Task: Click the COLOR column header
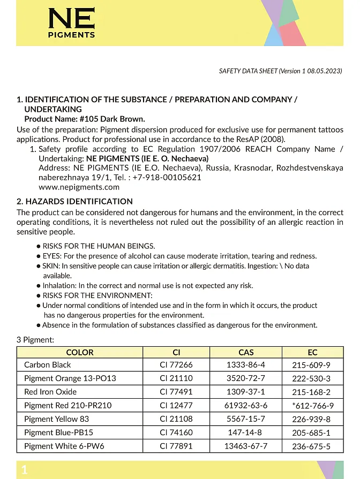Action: click(x=80, y=352)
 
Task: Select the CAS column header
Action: click(x=246, y=352)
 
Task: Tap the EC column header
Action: click(x=312, y=352)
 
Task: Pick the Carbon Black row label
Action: click(x=48, y=365)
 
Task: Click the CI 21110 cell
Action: click(x=176, y=378)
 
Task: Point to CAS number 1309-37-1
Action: click(x=246, y=392)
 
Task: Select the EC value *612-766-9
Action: click(x=313, y=406)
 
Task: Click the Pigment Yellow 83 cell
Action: click(x=57, y=419)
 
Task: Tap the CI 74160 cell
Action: click(x=176, y=432)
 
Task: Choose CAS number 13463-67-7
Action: click(x=246, y=446)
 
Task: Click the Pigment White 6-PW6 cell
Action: click(x=64, y=446)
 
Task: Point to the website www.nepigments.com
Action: click(x=79, y=187)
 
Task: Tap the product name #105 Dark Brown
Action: click(x=112, y=119)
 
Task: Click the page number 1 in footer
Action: click(x=24, y=470)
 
